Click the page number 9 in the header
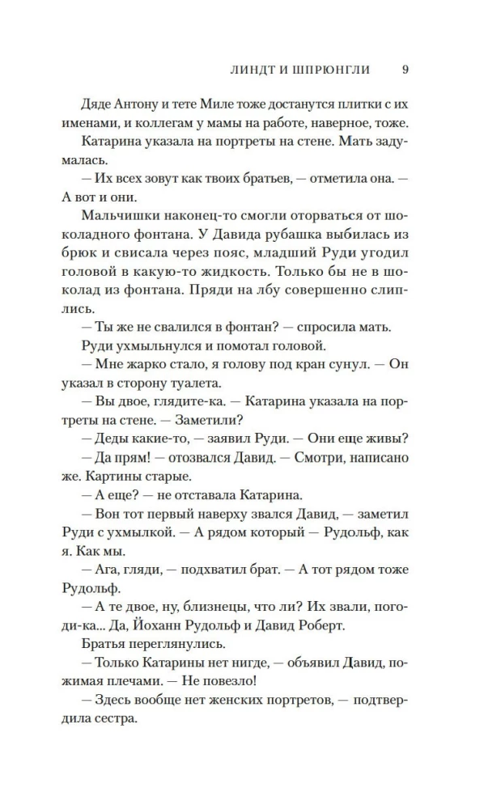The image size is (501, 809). [405, 70]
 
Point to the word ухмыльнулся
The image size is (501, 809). [150, 345]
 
